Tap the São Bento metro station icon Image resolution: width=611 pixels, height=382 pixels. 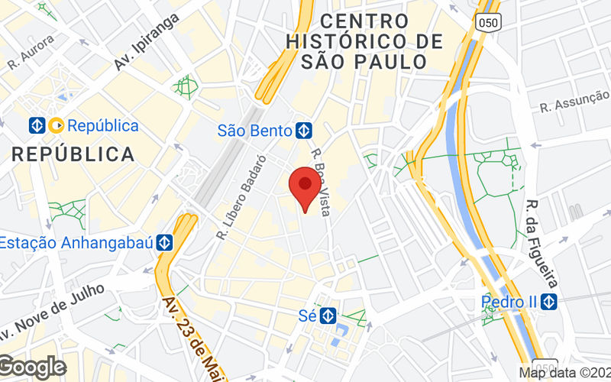tap(304, 131)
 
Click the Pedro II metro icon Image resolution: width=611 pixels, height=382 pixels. tap(548, 302)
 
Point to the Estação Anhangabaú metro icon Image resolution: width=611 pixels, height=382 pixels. tap(164, 243)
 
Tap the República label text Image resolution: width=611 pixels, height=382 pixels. tap(103, 125)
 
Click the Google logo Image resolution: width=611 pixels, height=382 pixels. tap(32, 367)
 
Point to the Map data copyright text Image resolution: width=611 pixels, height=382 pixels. tap(564, 373)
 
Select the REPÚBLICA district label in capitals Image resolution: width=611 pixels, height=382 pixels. tap(73, 154)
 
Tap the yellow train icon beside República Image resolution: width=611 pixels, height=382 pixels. tap(56, 125)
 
